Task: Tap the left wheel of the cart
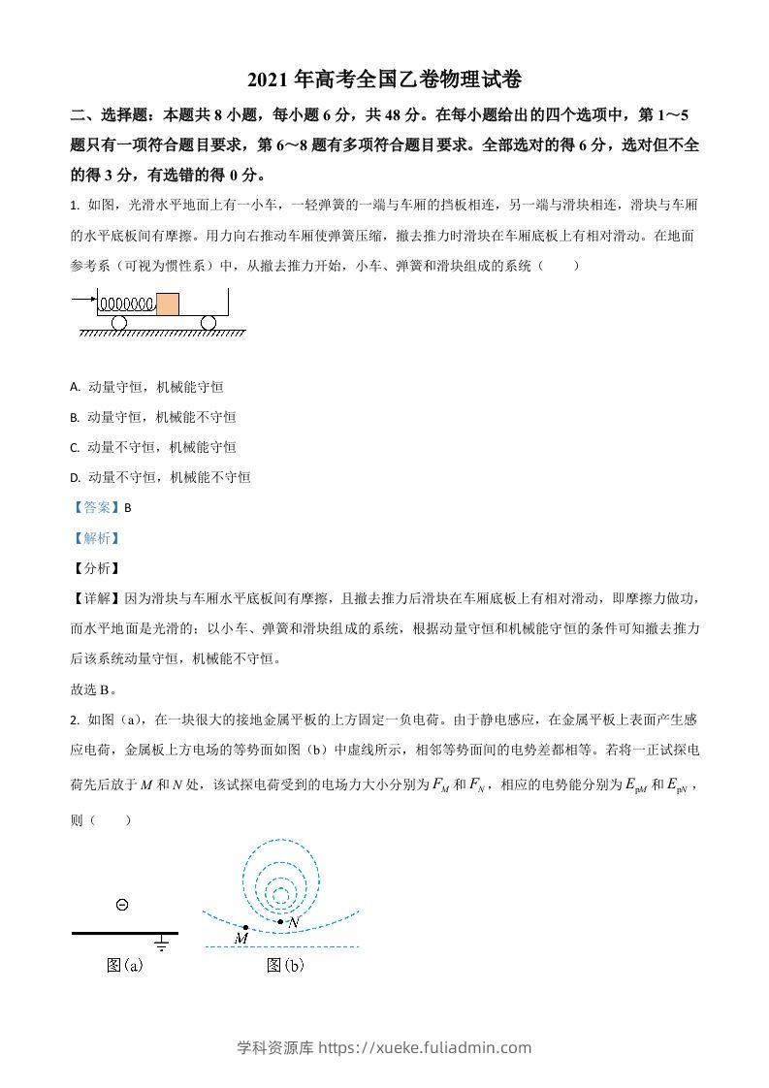click(x=118, y=322)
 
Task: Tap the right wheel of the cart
click(x=208, y=322)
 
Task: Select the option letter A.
click(x=75, y=387)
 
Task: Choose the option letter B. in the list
click(x=75, y=417)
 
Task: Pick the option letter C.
click(x=75, y=447)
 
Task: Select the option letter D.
click(x=75, y=477)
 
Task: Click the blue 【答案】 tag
click(x=95, y=507)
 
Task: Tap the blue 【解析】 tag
click(x=95, y=538)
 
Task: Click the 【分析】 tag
click(x=95, y=568)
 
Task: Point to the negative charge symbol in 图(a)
click(x=122, y=906)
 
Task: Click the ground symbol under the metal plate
click(x=162, y=942)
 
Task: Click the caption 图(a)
click(x=124, y=965)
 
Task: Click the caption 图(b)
click(x=285, y=965)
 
